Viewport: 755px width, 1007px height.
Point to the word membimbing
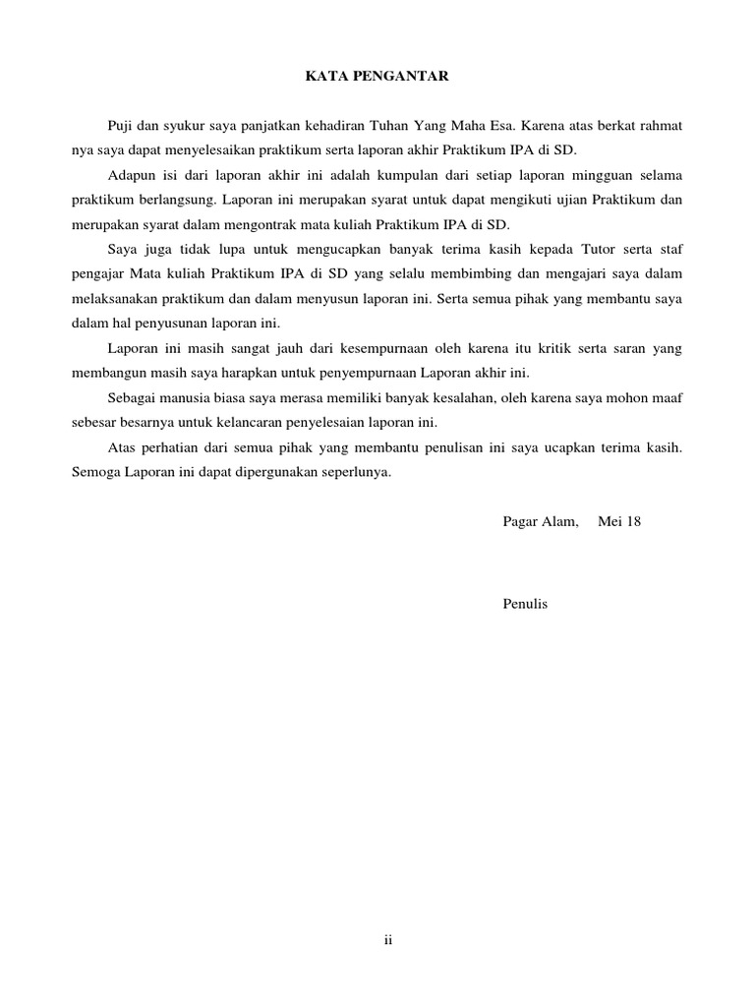pos(489,273)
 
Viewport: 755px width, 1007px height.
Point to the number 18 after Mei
pos(634,521)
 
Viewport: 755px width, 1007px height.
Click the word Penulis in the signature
pos(525,604)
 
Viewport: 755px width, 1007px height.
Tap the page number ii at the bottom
pos(388,940)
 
